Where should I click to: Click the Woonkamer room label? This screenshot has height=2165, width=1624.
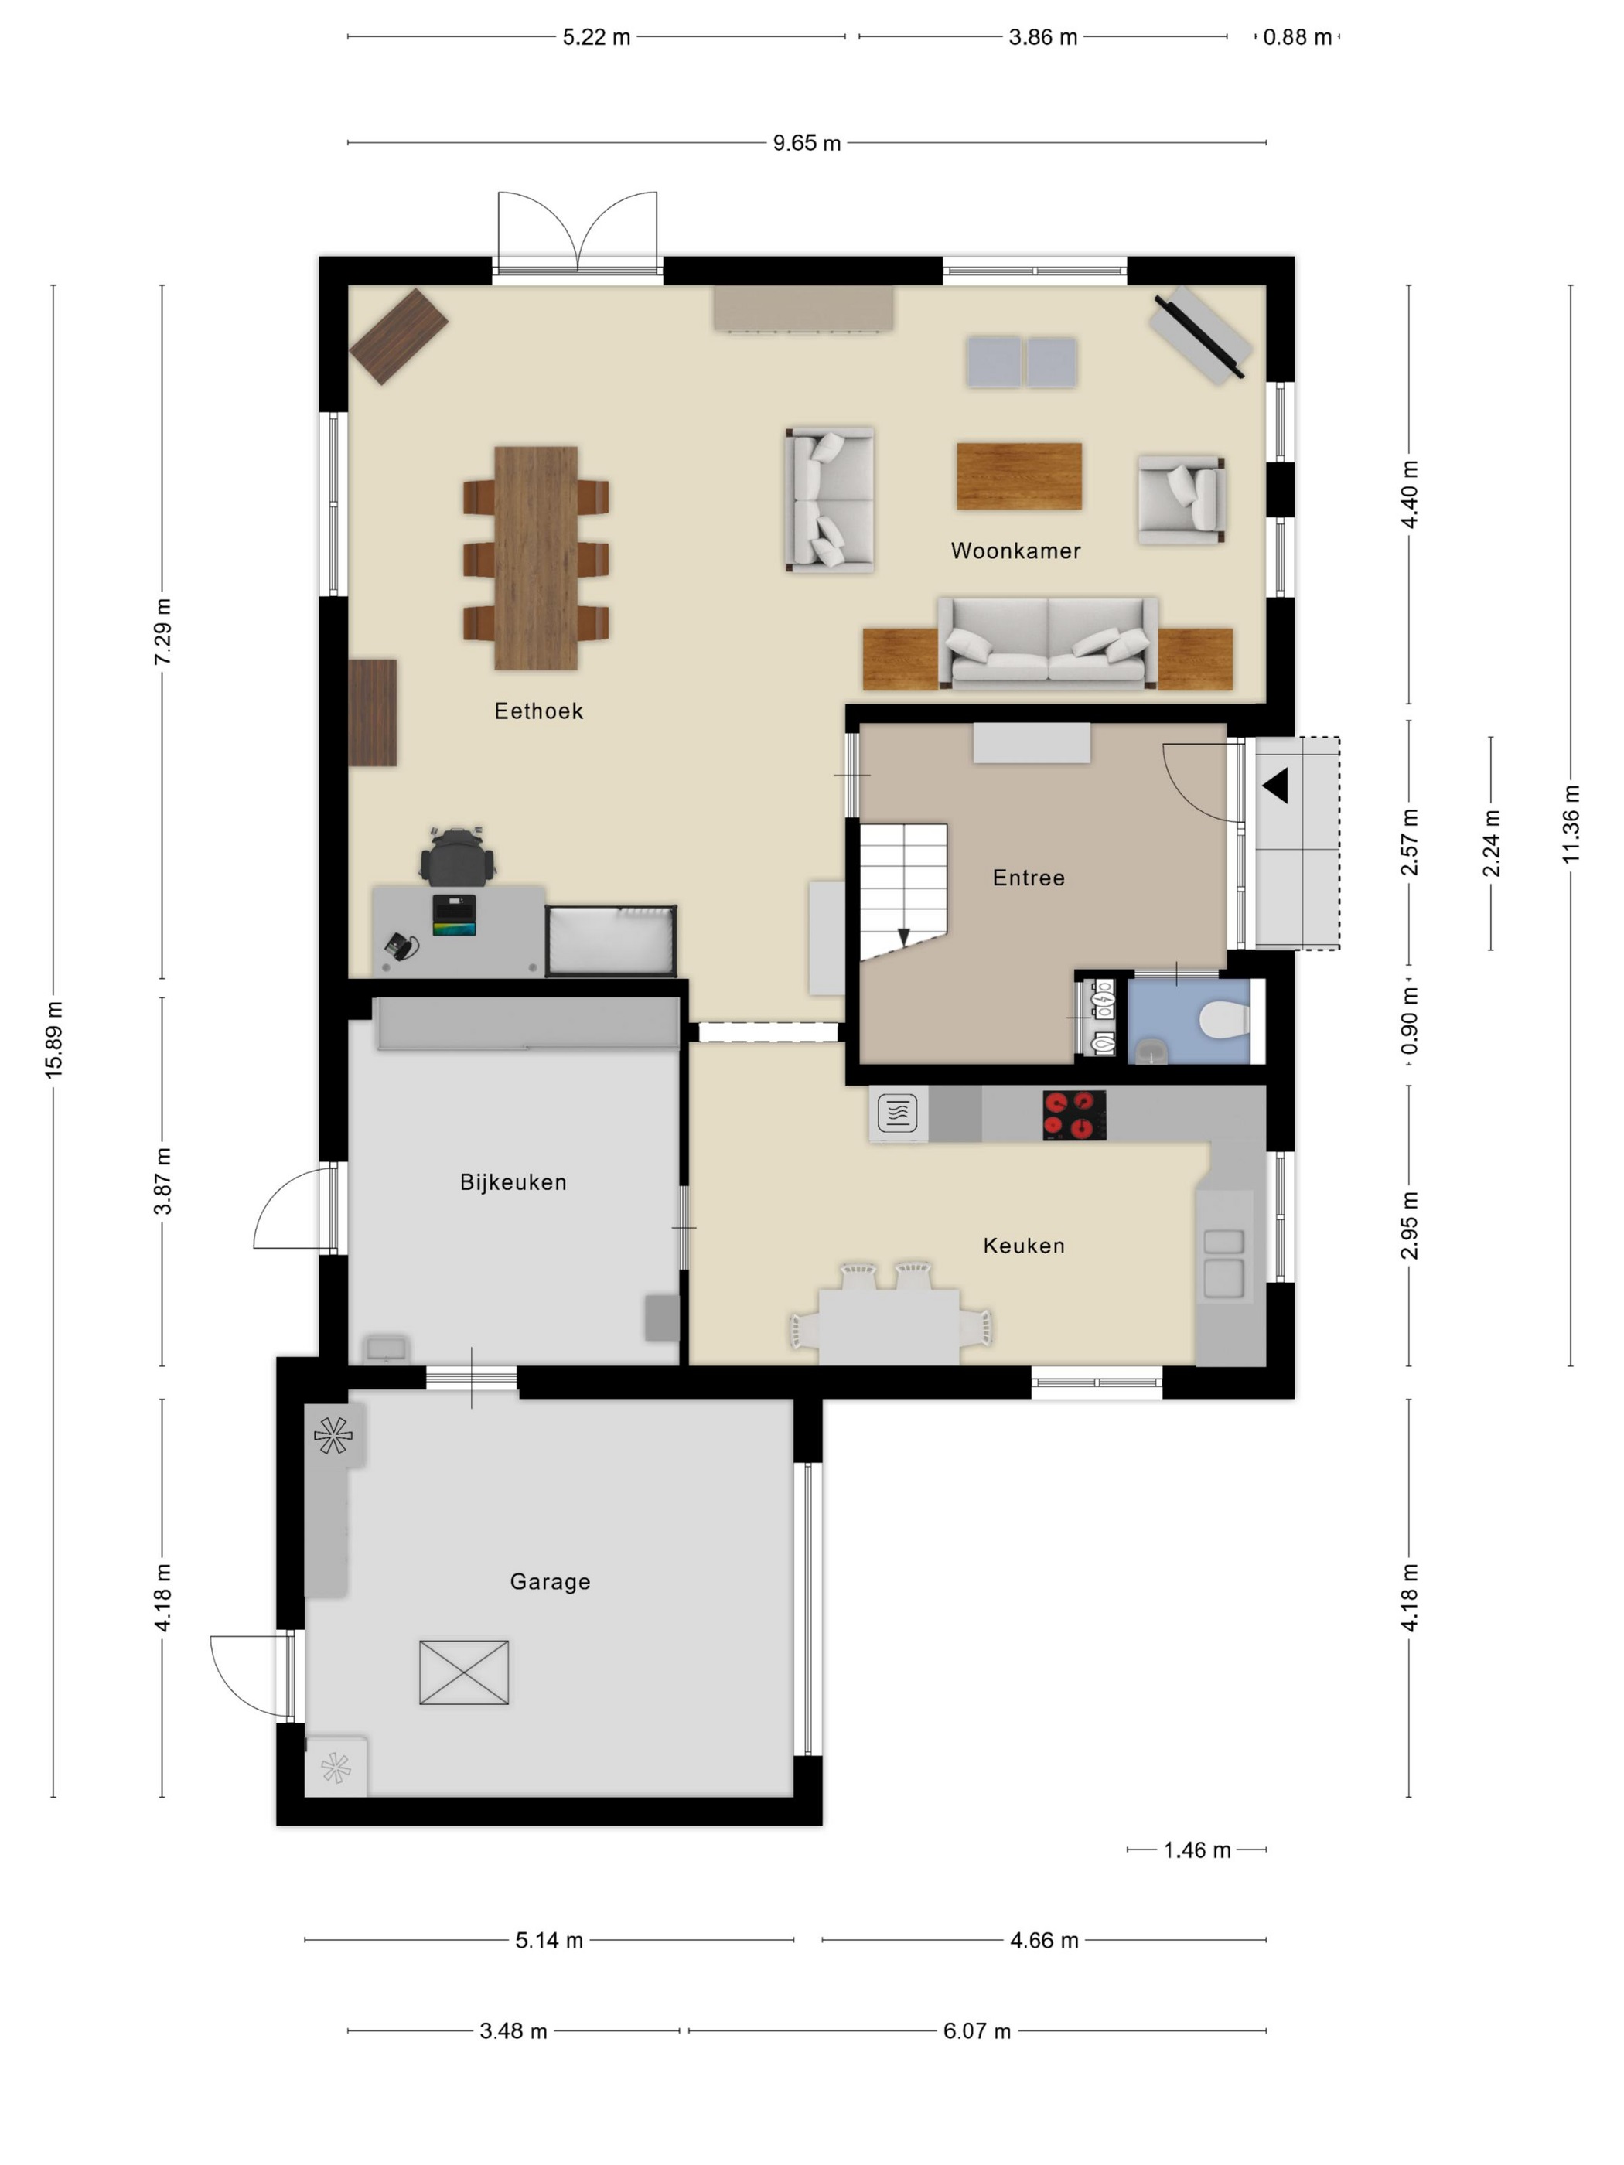pos(1015,551)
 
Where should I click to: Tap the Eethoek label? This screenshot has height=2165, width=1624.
pos(538,711)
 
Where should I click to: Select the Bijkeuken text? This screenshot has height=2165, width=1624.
pos(513,1182)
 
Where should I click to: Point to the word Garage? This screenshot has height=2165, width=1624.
pos(550,1582)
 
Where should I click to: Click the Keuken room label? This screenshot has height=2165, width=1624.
pos(1024,1246)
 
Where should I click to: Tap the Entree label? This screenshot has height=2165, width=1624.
pos(1029,878)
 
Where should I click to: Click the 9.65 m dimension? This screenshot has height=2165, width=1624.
pos(807,143)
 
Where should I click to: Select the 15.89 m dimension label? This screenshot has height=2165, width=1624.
pos(54,1041)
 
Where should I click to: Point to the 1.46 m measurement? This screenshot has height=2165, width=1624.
pos(1197,1850)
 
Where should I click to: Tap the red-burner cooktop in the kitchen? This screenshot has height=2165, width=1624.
pos(1075,1115)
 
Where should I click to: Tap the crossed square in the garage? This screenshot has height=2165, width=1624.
pos(464,1672)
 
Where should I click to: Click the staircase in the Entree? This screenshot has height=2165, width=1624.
pos(903,892)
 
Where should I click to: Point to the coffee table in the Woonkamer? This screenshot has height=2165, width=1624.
pos(1019,476)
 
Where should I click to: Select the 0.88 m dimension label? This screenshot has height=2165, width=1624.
pos(1297,37)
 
